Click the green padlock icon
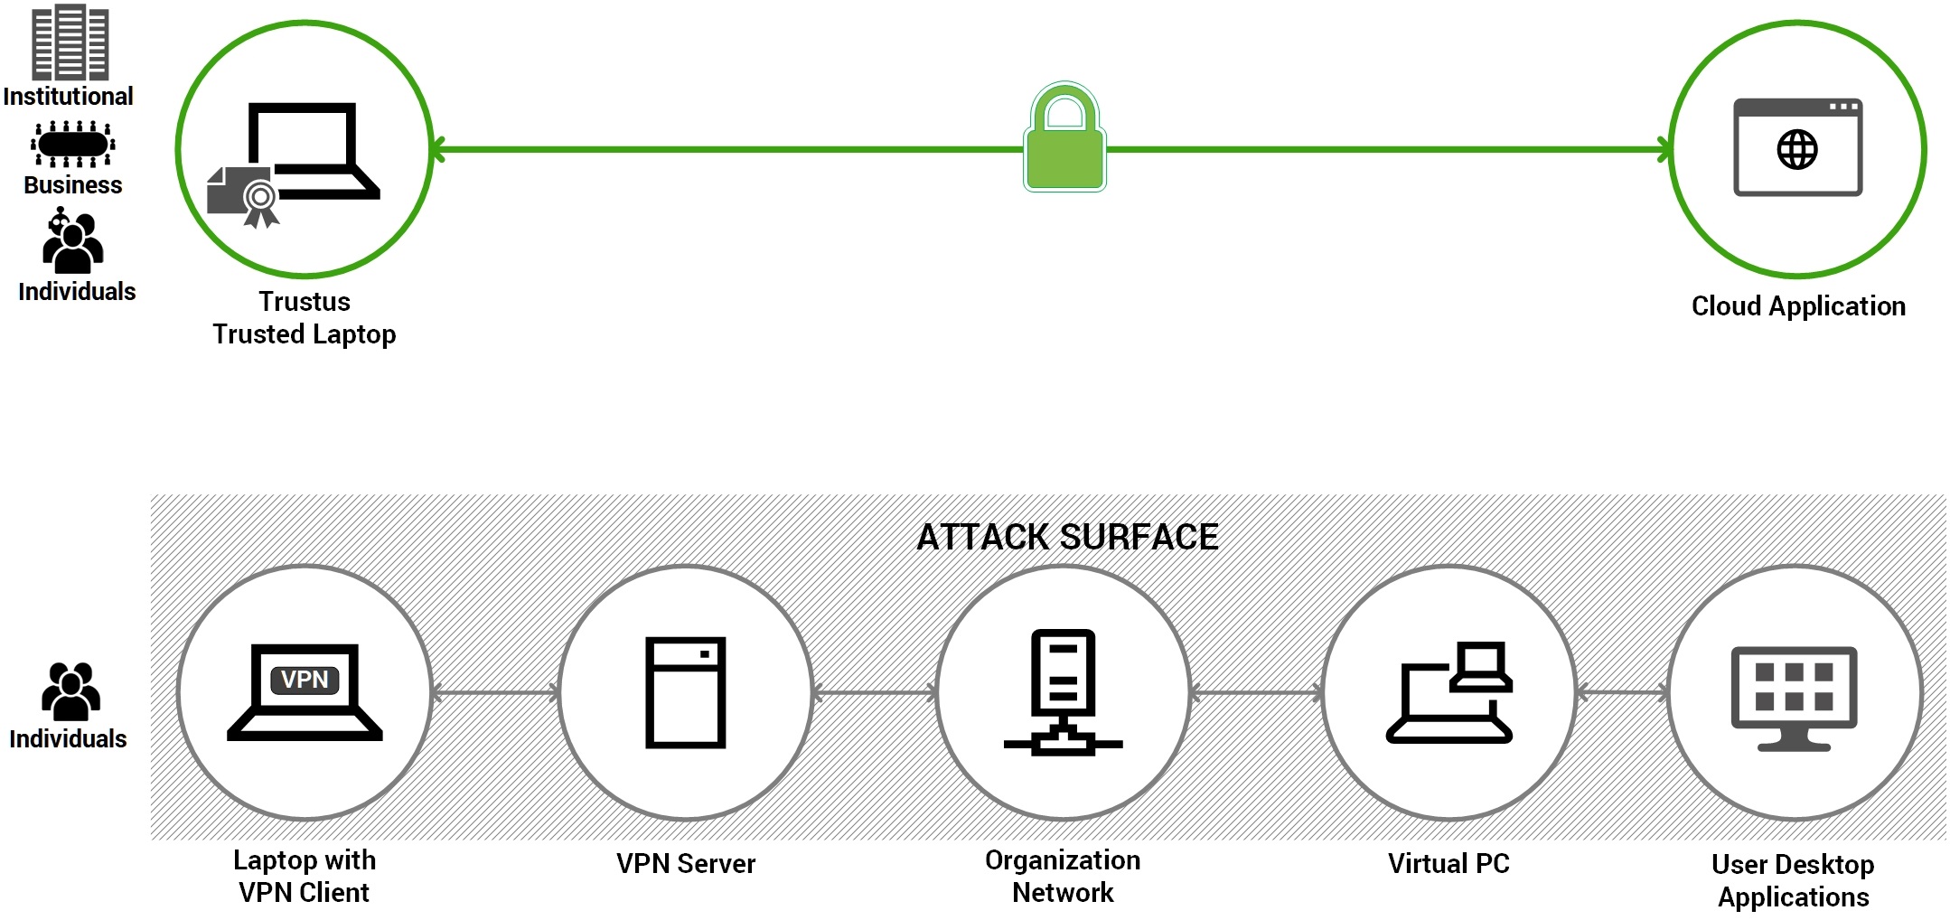(1065, 140)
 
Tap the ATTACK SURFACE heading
(1067, 537)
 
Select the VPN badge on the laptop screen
(305, 680)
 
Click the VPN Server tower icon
(685, 692)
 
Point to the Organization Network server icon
(1064, 692)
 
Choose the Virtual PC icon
(1448, 692)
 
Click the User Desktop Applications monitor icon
(1794, 697)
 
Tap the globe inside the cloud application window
(1796, 150)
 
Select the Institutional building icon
(70, 42)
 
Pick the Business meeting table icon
(72, 144)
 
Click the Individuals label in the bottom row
(68, 738)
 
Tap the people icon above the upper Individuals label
(72, 241)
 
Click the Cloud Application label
(1798, 306)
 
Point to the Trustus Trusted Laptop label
(305, 318)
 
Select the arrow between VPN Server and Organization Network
(875, 694)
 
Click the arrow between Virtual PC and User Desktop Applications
(1623, 693)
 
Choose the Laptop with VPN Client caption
(305, 876)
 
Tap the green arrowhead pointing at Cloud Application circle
(1664, 150)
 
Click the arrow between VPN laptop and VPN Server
(495, 694)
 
